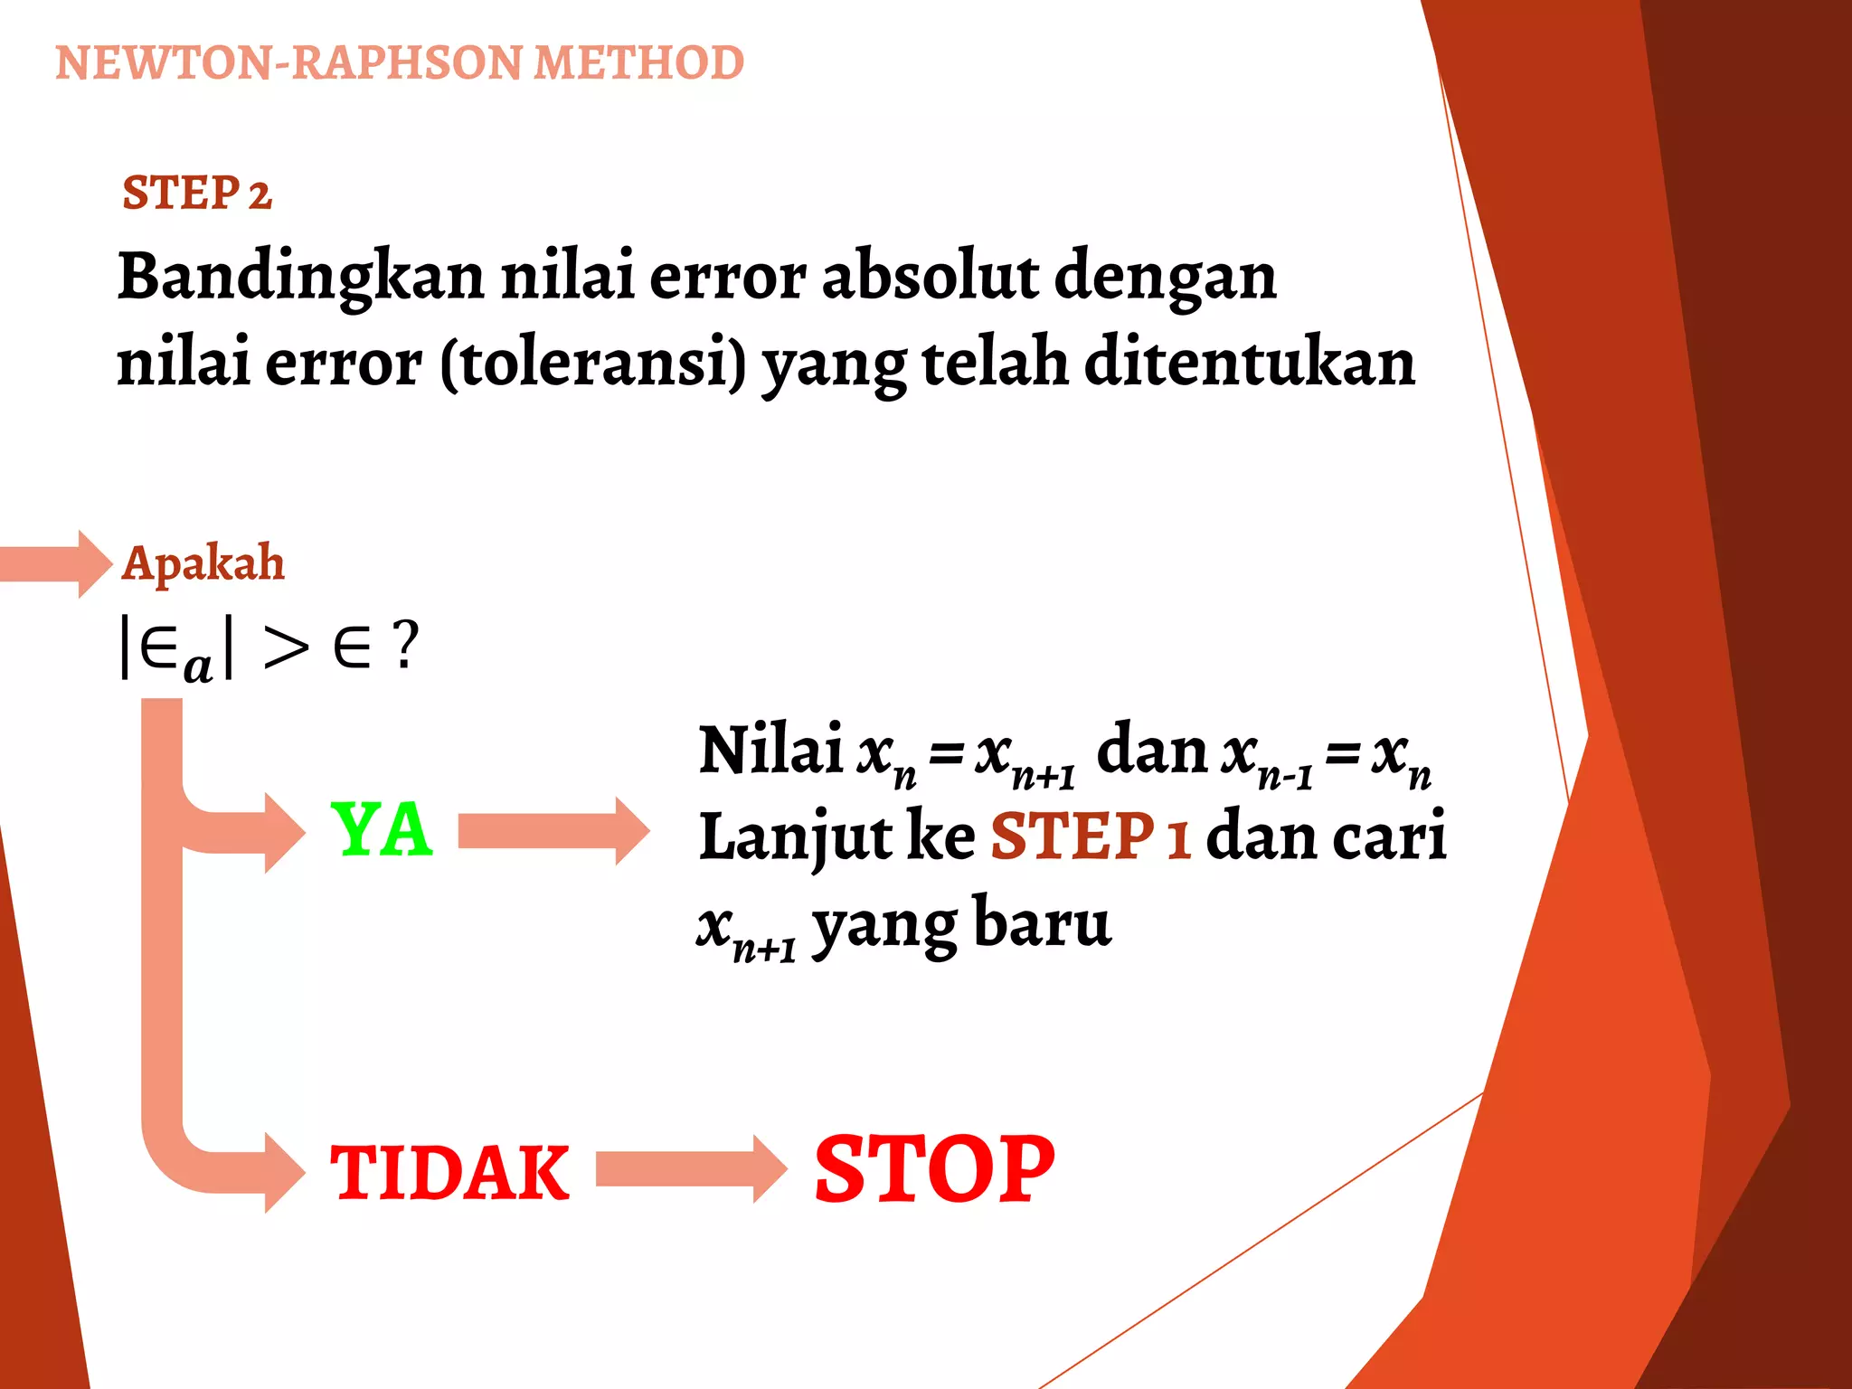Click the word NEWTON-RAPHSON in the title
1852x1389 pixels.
[x=288, y=63]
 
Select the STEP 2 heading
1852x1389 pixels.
[x=197, y=194]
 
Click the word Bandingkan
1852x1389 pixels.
[x=301, y=277]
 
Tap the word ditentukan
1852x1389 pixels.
[x=1250, y=362]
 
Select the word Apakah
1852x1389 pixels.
[x=203, y=563]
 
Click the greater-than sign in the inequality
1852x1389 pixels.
[x=286, y=647]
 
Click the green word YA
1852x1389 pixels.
[x=382, y=830]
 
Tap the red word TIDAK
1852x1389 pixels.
[x=449, y=1174]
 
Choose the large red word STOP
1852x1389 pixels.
[x=934, y=1170]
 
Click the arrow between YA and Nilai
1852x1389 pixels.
[x=553, y=831]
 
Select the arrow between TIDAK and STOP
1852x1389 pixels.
[x=690, y=1169]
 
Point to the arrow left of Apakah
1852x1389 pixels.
[x=54, y=563]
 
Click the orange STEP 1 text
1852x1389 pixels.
[x=1090, y=836]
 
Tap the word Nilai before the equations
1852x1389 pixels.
[x=770, y=751]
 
